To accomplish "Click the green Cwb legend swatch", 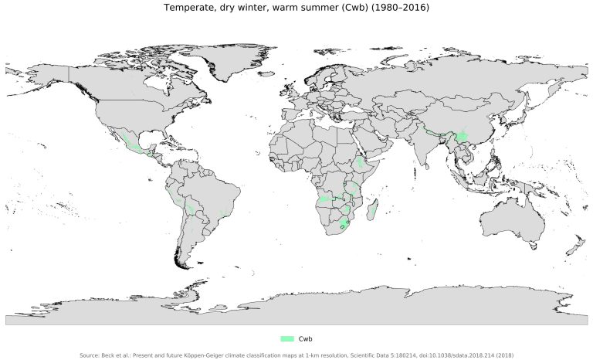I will [287, 339].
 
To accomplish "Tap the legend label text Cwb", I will [305, 339].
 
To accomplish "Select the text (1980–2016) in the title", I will [402, 8].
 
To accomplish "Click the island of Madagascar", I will [374, 209].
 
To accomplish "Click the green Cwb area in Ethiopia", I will [361, 163].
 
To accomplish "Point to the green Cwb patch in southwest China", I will [462, 137].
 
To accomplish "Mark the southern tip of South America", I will [182, 264].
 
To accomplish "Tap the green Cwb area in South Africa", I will [344, 225].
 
